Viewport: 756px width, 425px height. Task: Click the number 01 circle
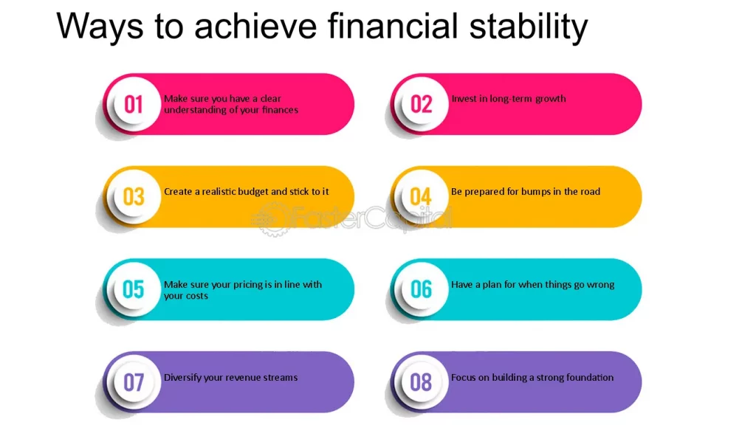[134, 104]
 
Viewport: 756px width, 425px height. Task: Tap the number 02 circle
[422, 104]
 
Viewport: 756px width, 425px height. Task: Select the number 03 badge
[134, 196]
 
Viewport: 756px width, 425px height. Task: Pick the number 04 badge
[422, 196]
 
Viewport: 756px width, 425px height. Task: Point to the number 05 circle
[134, 289]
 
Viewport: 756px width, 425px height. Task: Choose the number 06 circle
[422, 289]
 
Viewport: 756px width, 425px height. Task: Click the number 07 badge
[134, 382]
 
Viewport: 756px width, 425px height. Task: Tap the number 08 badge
[422, 382]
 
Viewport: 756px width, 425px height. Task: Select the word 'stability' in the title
[529, 27]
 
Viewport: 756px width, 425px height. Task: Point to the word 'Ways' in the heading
[100, 27]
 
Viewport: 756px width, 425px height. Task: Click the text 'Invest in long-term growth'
[509, 99]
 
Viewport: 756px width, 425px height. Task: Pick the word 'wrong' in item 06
[601, 285]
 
